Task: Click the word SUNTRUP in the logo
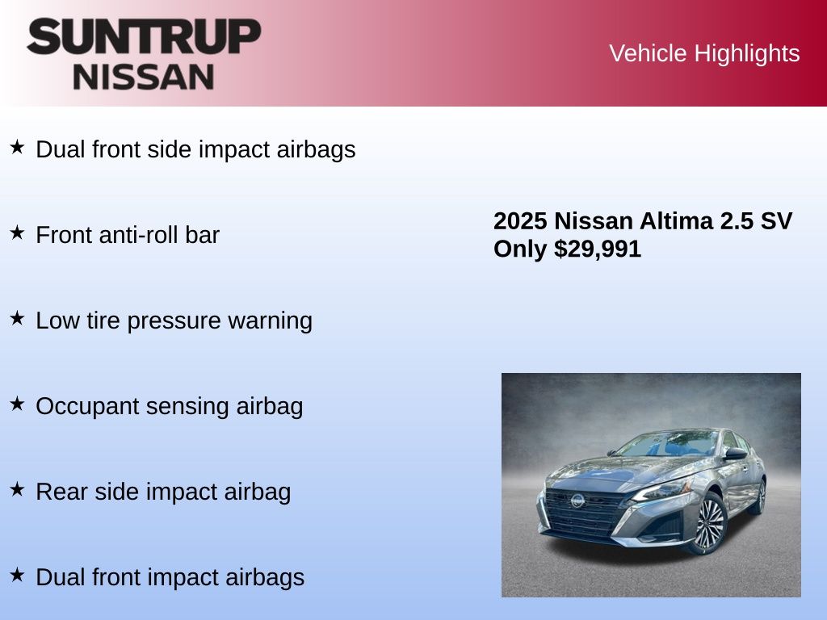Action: coord(144,36)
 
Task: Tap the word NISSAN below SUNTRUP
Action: coord(144,77)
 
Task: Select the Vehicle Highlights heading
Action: coord(704,53)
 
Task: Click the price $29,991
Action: coord(598,249)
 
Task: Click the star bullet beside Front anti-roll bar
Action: coord(18,232)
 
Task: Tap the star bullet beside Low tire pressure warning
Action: coord(18,318)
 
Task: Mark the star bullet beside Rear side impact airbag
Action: coord(18,489)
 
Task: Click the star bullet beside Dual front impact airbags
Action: coord(18,575)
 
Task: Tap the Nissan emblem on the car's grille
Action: coord(577,500)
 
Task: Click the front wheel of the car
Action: coord(709,523)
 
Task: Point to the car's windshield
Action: coord(667,444)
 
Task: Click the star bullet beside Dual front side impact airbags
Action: coord(18,147)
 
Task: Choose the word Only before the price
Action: coord(520,249)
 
